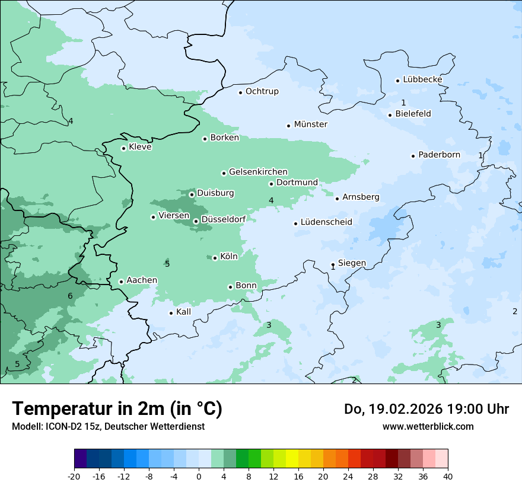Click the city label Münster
tap(310, 124)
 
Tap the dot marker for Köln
tap(215, 258)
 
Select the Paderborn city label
tap(439, 155)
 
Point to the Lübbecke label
tap(422, 80)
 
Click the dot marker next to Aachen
tap(121, 282)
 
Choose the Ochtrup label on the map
tap(262, 92)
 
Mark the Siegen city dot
tap(333, 265)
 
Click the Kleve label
tap(140, 147)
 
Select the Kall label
tap(184, 312)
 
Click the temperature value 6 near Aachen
tap(70, 296)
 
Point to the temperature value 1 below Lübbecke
tap(403, 103)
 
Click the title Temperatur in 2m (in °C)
tap(117, 409)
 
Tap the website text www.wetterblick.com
tap(428, 427)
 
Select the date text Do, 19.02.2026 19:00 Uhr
tap(426, 409)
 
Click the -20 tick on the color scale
tap(74, 477)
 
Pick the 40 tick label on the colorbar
tap(448, 477)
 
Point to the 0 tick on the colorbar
tap(199, 477)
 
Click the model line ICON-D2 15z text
tap(108, 427)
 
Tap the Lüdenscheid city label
tap(326, 222)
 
